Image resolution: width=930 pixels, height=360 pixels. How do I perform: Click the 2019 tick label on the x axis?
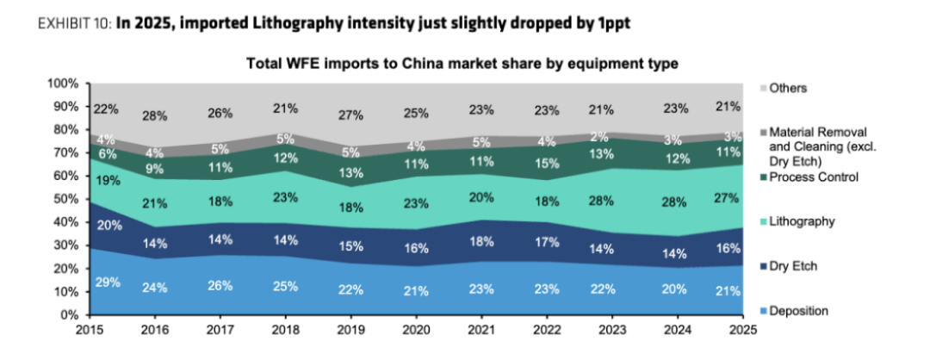point(350,329)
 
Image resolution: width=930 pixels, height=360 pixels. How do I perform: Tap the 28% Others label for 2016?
point(154,115)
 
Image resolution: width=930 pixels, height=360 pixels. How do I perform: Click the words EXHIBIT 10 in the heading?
point(74,24)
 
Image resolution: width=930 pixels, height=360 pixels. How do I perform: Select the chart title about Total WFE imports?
point(463,64)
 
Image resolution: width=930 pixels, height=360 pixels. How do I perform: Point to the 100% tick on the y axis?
point(62,84)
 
